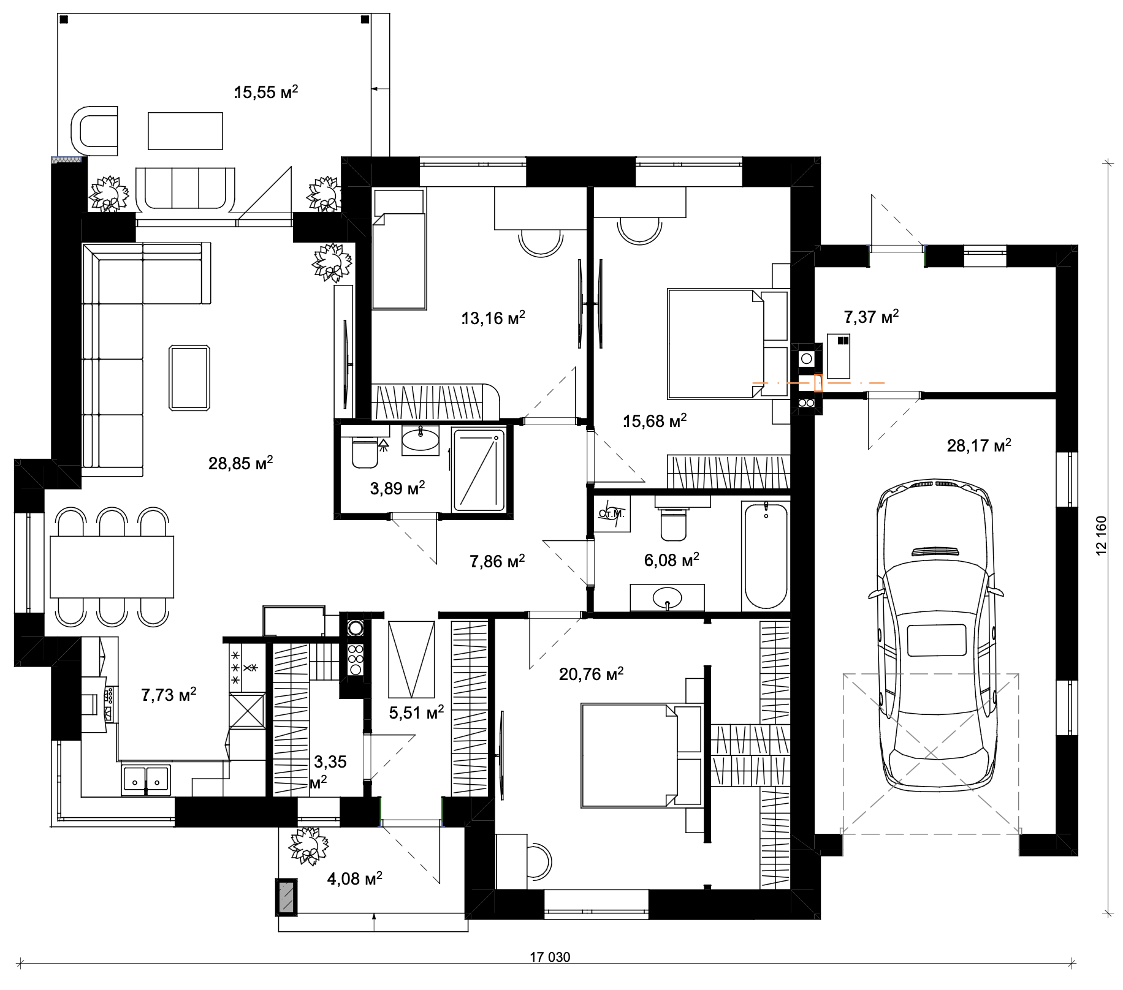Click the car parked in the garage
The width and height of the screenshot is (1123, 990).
coord(935,634)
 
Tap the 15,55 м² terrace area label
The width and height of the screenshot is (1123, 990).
coord(267,93)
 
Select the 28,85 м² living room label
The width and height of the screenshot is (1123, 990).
coord(240,463)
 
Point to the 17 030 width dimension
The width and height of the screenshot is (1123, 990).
coord(550,957)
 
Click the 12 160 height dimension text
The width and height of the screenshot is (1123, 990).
coord(1102,536)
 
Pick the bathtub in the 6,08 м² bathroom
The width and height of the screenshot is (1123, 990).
coord(766,556)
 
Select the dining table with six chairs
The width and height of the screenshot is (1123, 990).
coord(112,567)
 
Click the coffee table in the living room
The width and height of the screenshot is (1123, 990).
coord(190,377)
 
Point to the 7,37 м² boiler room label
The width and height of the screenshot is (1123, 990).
coord(871,317)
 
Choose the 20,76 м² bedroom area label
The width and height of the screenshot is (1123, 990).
coord(591,674)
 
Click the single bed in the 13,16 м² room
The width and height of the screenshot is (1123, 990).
coord(399,249)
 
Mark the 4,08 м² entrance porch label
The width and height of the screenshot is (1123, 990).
coord(355,879)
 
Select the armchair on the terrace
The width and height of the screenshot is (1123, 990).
coord(95,131)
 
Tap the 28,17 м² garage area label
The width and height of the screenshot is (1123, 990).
coord(979,445)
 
